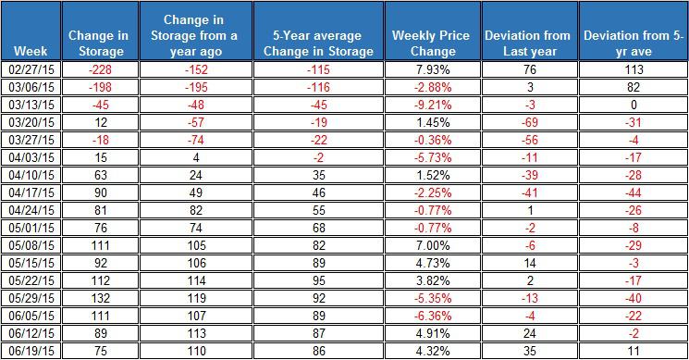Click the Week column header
tap(31, 51)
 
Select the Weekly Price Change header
tap(431, 43)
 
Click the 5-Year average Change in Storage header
tap(318, 43)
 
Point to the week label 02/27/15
tap(31, 69)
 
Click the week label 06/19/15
tap(31, 351)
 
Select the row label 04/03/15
tap(31, 157)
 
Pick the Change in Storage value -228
tap(100, 69)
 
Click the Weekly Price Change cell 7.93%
tap(433, 69)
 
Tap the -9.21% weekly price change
tap(433, 105)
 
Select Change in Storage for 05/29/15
tap(100, 298)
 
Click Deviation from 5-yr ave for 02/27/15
tap(634, 69)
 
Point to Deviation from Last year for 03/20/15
tap(530, 122)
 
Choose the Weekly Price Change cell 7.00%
tap(433, 245)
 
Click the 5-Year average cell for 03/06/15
tap(318, 87)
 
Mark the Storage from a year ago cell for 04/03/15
tap(196, 157)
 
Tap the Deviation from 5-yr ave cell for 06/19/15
tap(634, 351)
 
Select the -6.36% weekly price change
tap(433, 316)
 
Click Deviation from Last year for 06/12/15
tap(530, 333)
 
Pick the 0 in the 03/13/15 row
tap(634, 105)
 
